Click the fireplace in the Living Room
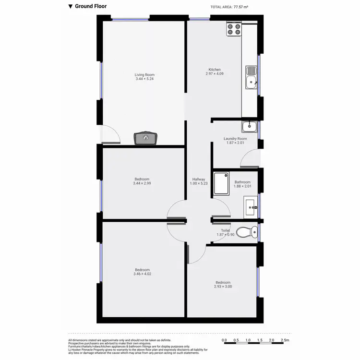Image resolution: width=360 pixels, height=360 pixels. [145, 138]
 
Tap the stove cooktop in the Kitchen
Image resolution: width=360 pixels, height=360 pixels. [233, 30]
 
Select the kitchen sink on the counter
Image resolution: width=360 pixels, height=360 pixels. [251, 78]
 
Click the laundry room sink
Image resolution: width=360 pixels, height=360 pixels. [249, 127]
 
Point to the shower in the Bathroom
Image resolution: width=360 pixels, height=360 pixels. [221, 183]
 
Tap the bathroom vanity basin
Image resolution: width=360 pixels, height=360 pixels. [252, 208]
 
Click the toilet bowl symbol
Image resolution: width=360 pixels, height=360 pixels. [246, 233]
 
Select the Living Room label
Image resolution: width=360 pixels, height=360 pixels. [144, 75]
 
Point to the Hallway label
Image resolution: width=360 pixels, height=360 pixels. [199, 179]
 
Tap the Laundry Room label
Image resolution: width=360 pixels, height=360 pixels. [235, 139]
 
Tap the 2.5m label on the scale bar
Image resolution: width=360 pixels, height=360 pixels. [285, 340]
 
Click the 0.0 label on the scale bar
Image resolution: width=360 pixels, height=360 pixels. [225, 340]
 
